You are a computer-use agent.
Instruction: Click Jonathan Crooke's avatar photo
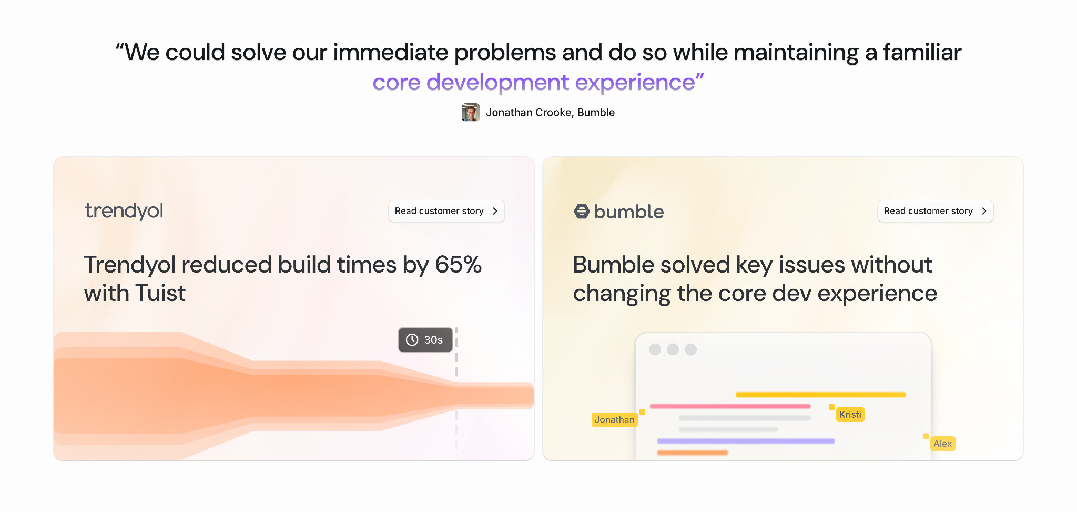point(471,112)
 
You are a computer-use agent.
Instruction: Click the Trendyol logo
point(124,210)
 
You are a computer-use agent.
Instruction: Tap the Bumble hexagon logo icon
point(582,212)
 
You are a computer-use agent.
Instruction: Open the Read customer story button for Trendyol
point(446,211)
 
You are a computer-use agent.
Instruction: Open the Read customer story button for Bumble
point(936,211)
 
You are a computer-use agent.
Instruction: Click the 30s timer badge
point(425,340)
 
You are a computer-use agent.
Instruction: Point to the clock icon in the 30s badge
point(412,340)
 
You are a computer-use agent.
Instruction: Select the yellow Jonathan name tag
point(614,420)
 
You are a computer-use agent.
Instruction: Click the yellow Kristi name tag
point(850,415)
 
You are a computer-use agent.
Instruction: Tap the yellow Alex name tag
point(943,444)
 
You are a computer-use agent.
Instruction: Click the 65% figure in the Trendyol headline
point(458,265)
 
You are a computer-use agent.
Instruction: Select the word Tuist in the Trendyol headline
point(160,293)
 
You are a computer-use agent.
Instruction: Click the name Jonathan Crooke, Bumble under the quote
point(550,113)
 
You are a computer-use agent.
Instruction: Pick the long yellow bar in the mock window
point(821,395)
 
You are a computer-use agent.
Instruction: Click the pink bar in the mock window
point(730,406)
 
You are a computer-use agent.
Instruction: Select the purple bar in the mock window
point(746,441)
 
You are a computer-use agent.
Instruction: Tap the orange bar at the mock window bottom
point(693,453)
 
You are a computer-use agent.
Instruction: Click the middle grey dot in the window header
point(673,349)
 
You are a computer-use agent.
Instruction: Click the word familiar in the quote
point(922,53)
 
